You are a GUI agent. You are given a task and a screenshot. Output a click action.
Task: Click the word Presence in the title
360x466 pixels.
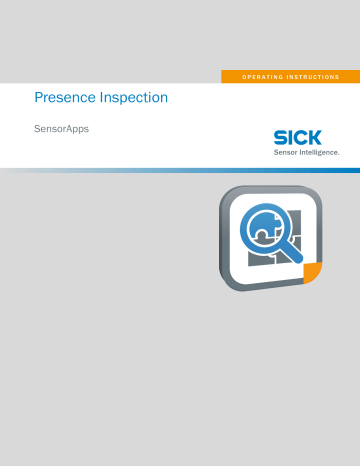point(63,98)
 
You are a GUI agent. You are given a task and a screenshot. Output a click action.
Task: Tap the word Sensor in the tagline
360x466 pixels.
point(276,153)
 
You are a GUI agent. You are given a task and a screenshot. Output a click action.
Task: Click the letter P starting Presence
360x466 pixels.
point(39,98)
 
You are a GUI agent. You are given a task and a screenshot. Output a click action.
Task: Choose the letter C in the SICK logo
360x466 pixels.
point(302,137)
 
